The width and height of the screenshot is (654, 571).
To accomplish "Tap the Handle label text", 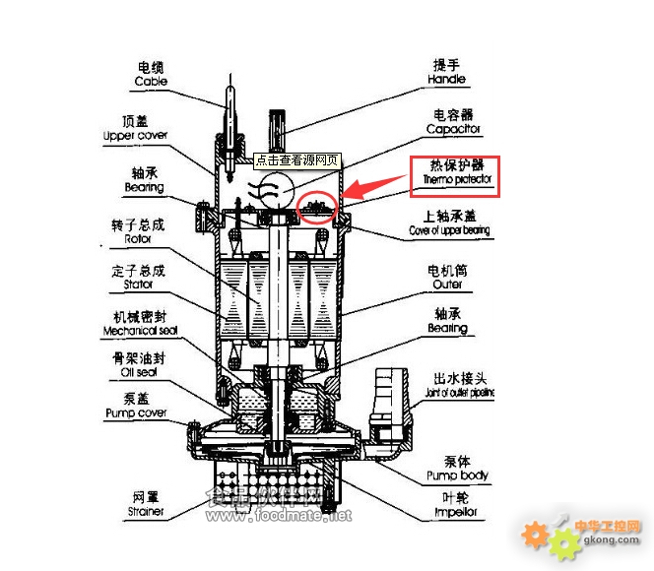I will click(447, 79).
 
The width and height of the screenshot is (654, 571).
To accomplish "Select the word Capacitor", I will click(453, 129).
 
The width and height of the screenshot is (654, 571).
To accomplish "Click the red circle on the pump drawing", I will click(318, 206).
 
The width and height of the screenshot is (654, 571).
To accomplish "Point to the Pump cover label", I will click(135, 413).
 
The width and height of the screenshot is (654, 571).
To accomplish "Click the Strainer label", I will click(145, 512).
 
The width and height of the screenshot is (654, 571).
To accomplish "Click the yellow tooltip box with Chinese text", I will click(296, 159).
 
